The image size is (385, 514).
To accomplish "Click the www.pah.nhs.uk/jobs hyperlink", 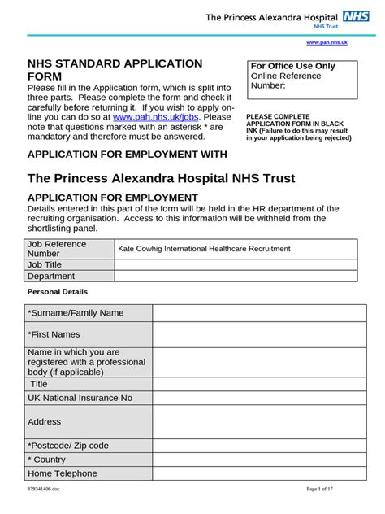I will (x=162, y=116).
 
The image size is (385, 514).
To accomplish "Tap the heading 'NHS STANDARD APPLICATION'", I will (x=115, y=63).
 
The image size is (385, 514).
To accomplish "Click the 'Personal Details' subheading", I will (x=58, y=291).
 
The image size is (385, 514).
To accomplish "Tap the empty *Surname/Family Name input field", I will (x=253, y=313).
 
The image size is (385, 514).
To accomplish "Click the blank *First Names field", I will (x=253, y=333).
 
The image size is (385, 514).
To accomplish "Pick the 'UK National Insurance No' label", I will (x=80, y=398).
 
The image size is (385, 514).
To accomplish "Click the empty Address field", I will (x=253, y=421).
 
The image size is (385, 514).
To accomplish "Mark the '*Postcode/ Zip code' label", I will (x=68, y=445).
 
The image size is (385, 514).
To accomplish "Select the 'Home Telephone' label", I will (x=63, y=473).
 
